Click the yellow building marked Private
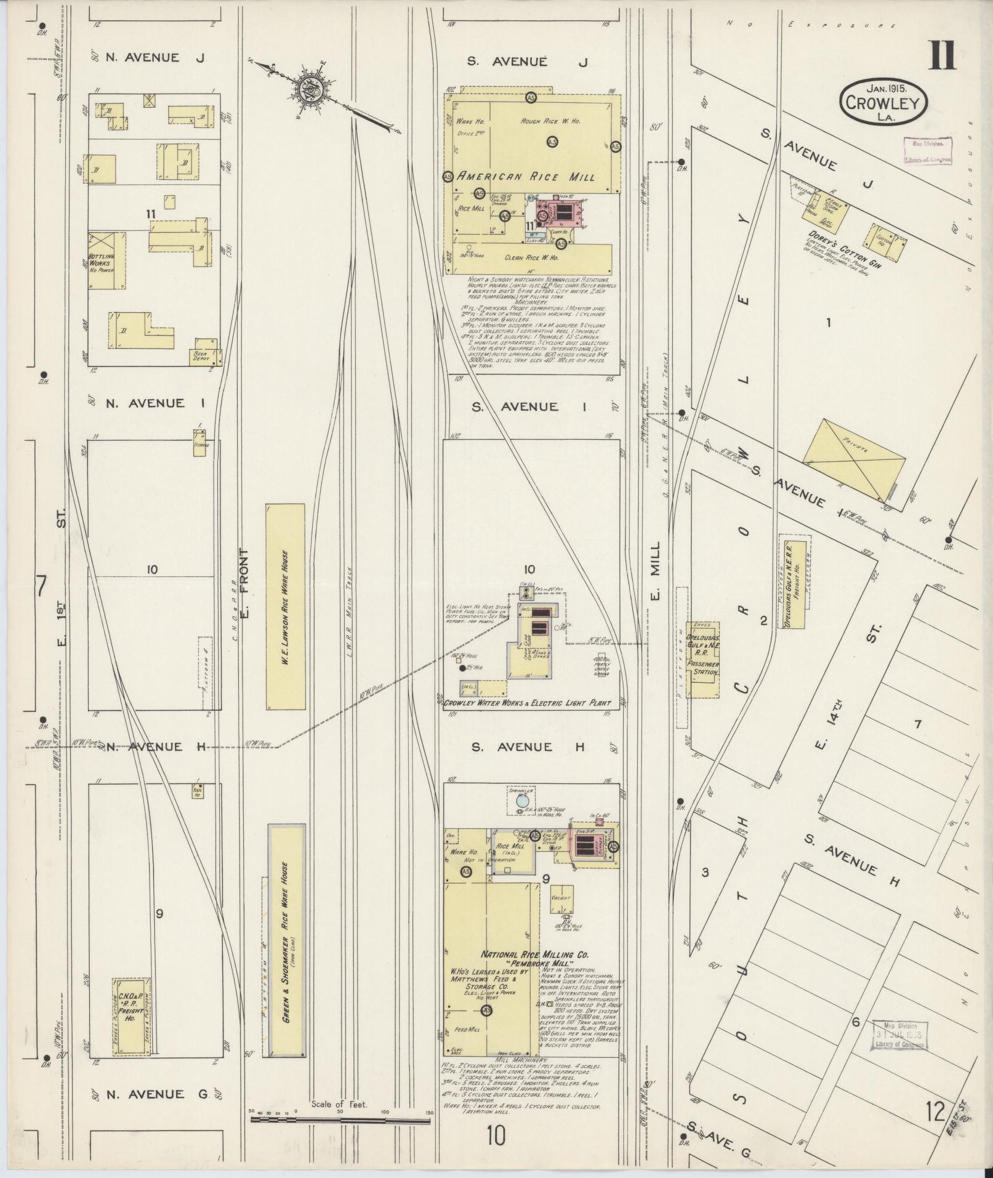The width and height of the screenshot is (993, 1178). coord(854,459)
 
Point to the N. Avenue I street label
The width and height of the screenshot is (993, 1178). coord(145,403)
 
